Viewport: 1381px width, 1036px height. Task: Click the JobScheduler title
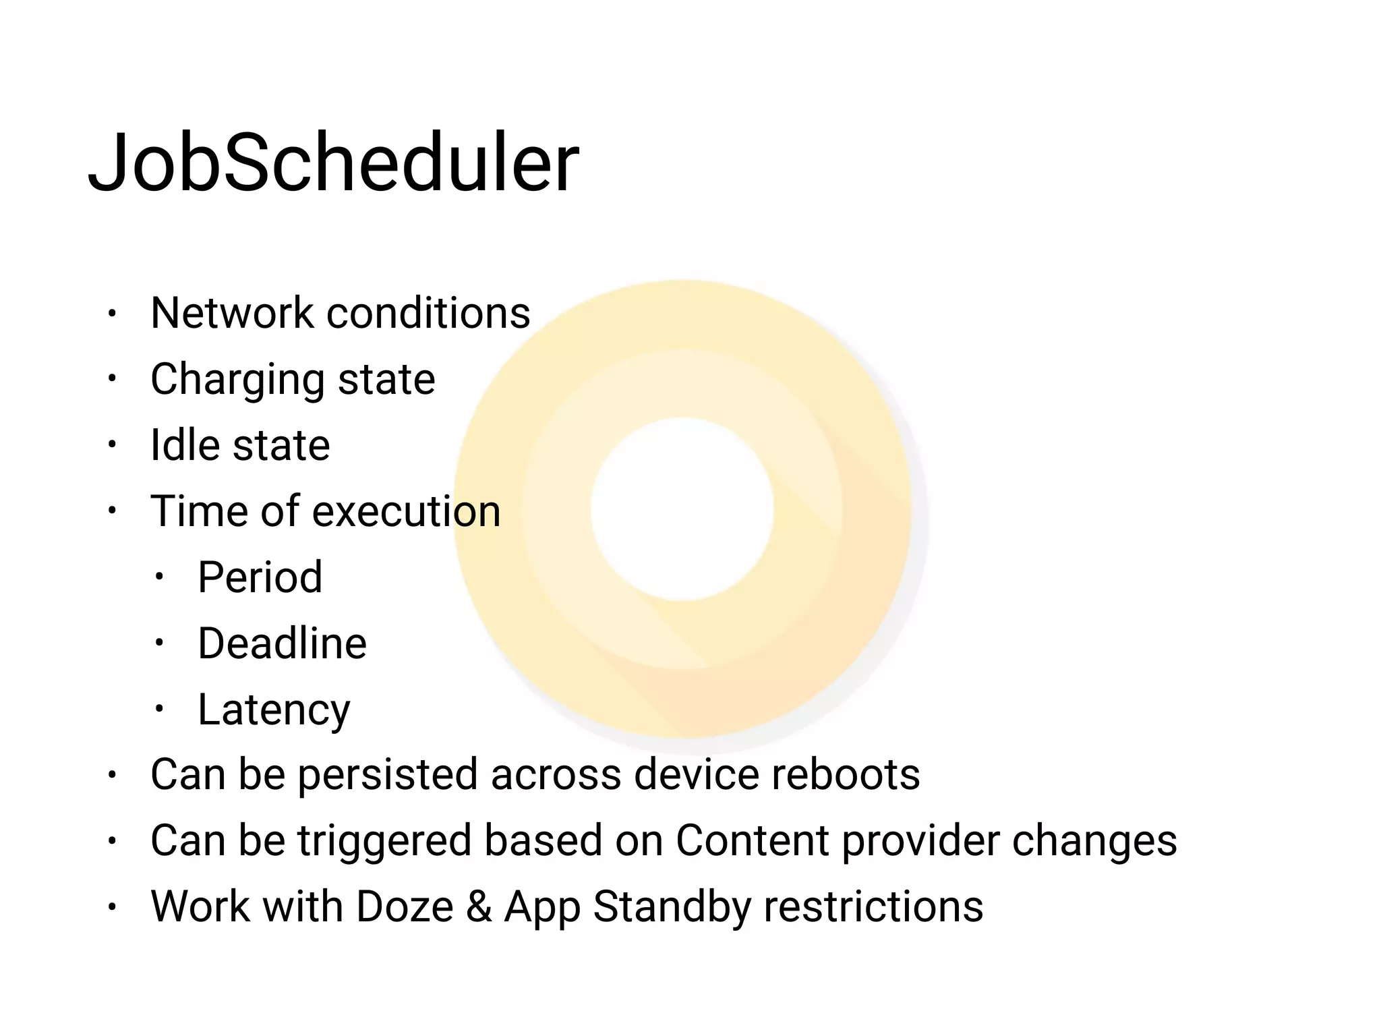333,163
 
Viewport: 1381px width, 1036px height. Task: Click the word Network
232,313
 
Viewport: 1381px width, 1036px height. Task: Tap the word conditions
428,313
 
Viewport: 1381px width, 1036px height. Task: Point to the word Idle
184,445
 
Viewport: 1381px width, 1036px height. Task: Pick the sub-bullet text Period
260,577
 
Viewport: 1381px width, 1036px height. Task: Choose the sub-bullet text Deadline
282,643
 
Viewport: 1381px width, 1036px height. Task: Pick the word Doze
405,906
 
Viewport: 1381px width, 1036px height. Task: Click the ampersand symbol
479,906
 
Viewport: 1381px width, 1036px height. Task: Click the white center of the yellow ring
682,509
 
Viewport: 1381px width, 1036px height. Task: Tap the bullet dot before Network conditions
113,314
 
